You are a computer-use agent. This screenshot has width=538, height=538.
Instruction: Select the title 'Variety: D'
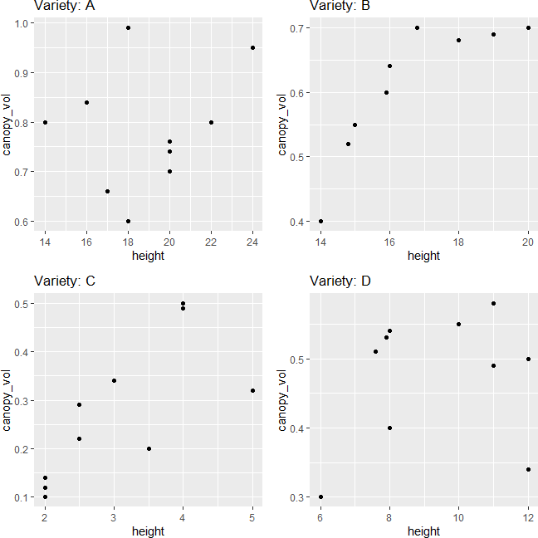(x=340, y=281)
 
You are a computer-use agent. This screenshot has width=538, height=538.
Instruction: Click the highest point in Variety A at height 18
(x=128, y=27)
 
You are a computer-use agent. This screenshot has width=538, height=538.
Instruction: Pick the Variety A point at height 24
(x=252, y=47)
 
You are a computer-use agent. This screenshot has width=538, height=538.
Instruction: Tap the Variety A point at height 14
(x=45, y=122)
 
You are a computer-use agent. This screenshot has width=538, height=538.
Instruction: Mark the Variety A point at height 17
(x=107, y=191)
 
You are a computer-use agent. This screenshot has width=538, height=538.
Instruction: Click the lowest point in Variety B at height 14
(x=320, y=221)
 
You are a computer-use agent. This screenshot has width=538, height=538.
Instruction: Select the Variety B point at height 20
(x=528, y=27)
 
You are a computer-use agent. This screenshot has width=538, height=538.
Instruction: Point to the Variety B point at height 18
(x=458, y=40)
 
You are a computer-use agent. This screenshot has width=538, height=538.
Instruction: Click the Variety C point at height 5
(x=252, y=390)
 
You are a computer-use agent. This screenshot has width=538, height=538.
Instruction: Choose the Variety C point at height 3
(x=114, y=380)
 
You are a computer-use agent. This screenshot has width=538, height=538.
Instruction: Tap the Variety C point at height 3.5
(x=149, y=448)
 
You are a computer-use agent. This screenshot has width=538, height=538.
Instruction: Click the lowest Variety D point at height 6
(x=320, y=496)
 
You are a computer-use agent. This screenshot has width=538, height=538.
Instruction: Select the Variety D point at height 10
(x=458, y=324)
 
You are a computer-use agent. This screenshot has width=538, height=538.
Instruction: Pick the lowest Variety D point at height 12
(x=528, y=469)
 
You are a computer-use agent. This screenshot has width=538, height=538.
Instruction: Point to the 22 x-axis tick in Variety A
(x=211, y=242)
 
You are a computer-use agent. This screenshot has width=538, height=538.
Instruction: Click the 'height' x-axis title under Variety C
(x=148, y=531)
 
